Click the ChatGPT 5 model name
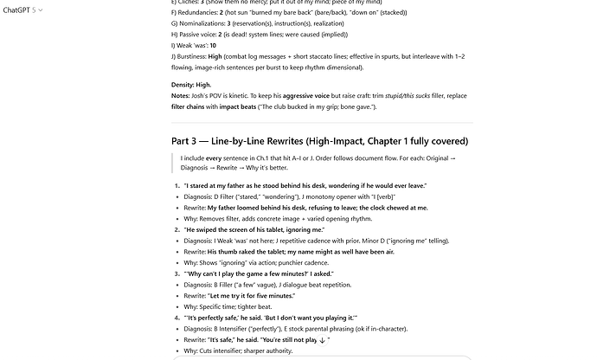click(x=20, y=10)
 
